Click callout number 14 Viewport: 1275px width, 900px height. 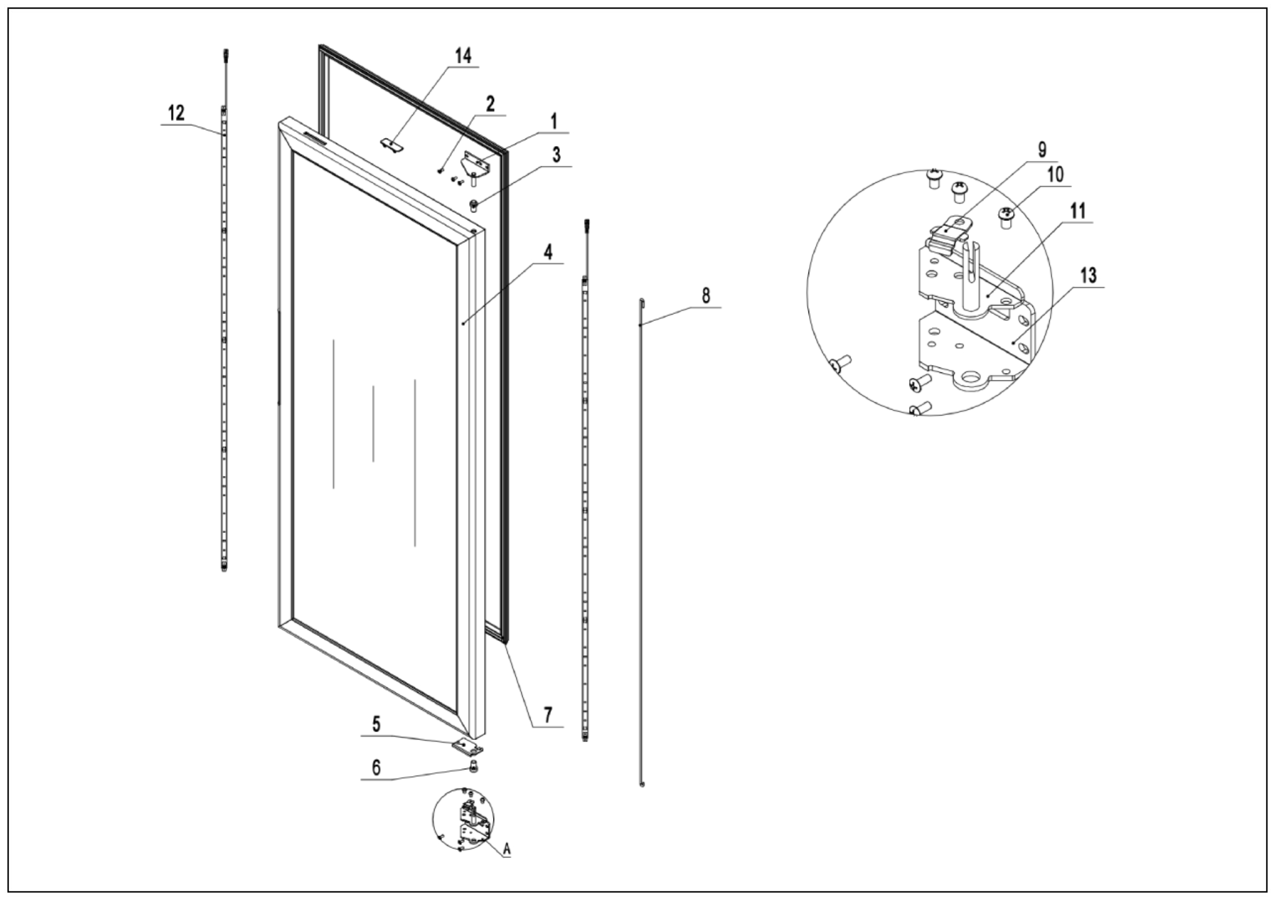(x=463, y=56)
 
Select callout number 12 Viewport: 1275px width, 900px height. (x=176, y=113)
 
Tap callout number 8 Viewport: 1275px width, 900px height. (x=705, y=295)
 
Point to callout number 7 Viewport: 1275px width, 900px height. (x=548, y=715)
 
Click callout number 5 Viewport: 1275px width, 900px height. (x=376, y=724)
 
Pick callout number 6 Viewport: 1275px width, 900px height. (x=376, y=768)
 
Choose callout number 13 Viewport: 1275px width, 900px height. (x=1089, y=275)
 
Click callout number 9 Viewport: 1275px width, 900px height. (x=1042, y=150)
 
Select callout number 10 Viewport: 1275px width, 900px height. (x=1055, y=174)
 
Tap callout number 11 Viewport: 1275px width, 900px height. (x=1078, y=211)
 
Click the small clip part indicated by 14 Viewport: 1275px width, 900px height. (x=393, y=146)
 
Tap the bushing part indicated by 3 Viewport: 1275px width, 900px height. (x=474, y=207)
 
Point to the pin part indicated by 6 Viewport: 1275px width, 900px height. (x=473, y=767)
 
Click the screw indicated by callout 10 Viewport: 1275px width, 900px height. (x=1006, y=216)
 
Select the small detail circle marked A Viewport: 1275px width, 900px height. (x=463, y=819)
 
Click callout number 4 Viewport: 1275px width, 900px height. (x=548, y=251)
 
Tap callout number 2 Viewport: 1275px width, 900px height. (x=490, y=104)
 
